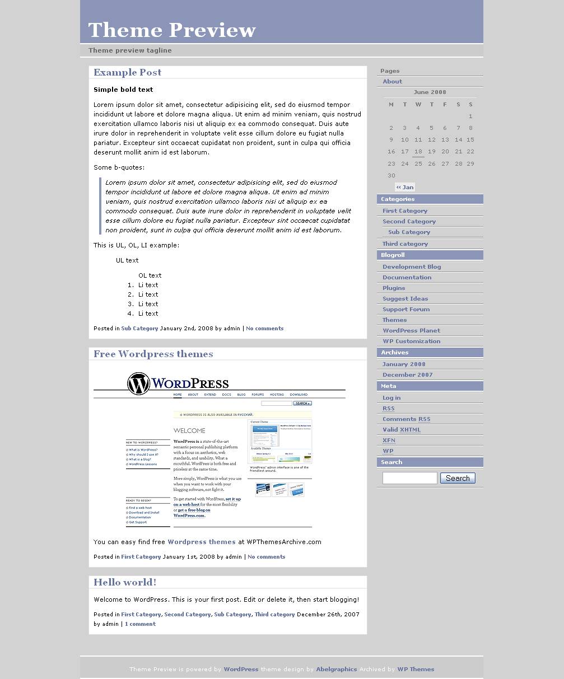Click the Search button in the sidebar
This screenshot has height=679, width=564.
(458, 478)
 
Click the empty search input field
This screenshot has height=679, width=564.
(409, 478)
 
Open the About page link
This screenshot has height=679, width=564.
(392, 82)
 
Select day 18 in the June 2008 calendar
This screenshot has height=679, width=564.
(418, 152)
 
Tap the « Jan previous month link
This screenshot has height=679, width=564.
(405, 188)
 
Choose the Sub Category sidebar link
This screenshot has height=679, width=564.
(409, 232)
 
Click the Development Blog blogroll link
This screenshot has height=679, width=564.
(412, 267)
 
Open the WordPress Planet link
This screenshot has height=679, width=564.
(411, 331)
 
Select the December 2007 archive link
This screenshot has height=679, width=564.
(407, 375)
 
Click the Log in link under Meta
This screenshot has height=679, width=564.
(391, 398)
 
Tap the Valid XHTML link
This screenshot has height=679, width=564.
(401, 430)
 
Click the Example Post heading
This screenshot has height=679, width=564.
(127, 72)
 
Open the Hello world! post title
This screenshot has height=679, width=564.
(125, 582)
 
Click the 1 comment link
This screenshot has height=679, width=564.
(140, 624)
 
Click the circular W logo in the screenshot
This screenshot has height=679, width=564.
(138, 384)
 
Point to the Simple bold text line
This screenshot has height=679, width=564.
(123, 90)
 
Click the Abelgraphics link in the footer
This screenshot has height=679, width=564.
(336, 669)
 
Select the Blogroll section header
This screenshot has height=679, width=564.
(393, 255)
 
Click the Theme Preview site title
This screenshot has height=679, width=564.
(172, 30)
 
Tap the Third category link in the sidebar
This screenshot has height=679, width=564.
(405, 244)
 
